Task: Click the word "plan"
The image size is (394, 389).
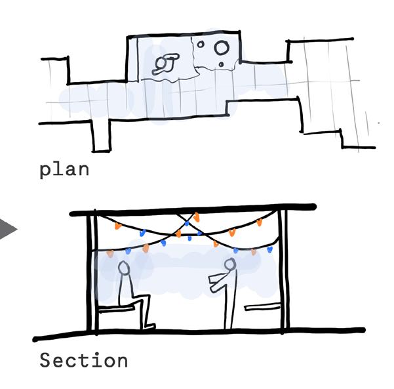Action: (x=64, y=170)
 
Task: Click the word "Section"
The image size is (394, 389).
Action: (x=83, y=361)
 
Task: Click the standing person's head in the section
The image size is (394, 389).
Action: (x=229, y=265)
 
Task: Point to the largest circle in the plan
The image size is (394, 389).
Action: (x=222, y=47)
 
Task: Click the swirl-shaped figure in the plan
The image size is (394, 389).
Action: (x=164, y=64)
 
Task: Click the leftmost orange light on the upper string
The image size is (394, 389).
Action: (x=118, y=226)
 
